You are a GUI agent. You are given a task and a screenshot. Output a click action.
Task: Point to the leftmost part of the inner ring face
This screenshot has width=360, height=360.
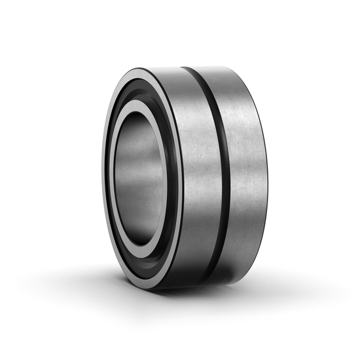(x=111, y=178)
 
